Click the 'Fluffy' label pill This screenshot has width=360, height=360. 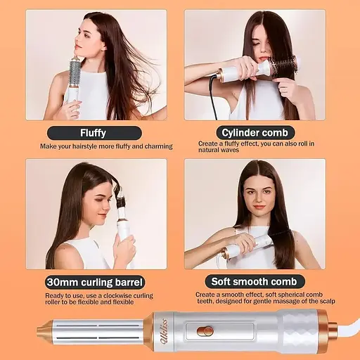pos(94,133)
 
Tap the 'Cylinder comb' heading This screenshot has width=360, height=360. pos(255,133)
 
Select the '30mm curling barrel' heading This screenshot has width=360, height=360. pos(95,282)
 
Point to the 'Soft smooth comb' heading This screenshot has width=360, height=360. pos(255,282)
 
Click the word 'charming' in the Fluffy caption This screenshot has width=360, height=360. pos(159,146)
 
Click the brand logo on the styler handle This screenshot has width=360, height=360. pos(163,331)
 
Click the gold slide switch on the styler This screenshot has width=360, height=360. pos(205,332)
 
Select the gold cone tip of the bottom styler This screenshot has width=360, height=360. pos(44,331)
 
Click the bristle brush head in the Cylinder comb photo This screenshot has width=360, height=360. pos(283,67)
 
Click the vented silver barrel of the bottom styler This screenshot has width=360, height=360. pos(98,331)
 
